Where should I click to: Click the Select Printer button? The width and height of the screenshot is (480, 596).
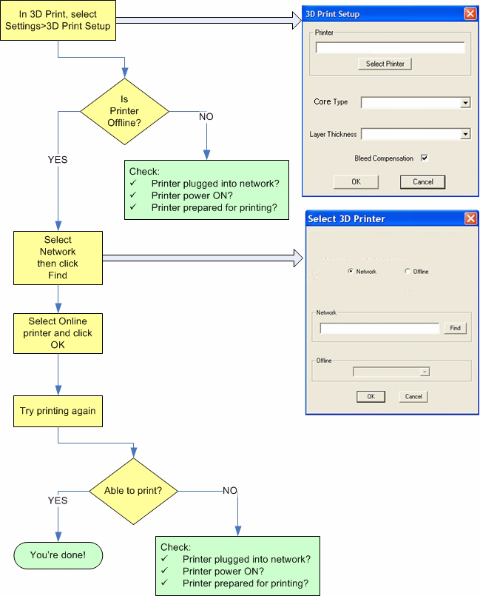click(385, 64)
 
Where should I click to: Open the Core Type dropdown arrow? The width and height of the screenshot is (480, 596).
click(465, 103)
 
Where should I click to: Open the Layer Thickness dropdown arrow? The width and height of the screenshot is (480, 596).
click(465, 134)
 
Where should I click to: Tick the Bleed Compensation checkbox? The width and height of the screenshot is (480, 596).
click(425, 158)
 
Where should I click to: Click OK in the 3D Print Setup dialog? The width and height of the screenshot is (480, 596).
click(356, 181)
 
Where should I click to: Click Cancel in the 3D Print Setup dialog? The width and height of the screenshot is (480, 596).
click(422, 181)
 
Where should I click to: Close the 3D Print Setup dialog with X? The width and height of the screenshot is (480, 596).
click(470, 14)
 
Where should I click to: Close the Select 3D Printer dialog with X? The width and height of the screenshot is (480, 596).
click(470, 218)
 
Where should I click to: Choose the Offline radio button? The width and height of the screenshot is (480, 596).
click(408, 272)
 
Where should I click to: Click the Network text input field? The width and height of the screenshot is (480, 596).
click(379, 328)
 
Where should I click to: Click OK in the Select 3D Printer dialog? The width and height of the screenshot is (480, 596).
click(371, 396)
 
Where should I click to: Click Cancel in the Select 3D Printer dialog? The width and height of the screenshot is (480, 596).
click(413, 396)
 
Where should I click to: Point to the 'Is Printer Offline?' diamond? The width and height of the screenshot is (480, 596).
click(124, 111)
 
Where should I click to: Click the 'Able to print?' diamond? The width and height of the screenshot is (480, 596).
click(135, 489)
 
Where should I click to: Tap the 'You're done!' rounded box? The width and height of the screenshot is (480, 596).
click(58, 555)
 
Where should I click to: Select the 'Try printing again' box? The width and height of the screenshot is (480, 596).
click(58, 410)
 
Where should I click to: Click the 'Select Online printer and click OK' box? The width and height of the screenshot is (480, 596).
click(58, 333)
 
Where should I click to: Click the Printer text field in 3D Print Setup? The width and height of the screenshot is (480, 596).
click(390, 47)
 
